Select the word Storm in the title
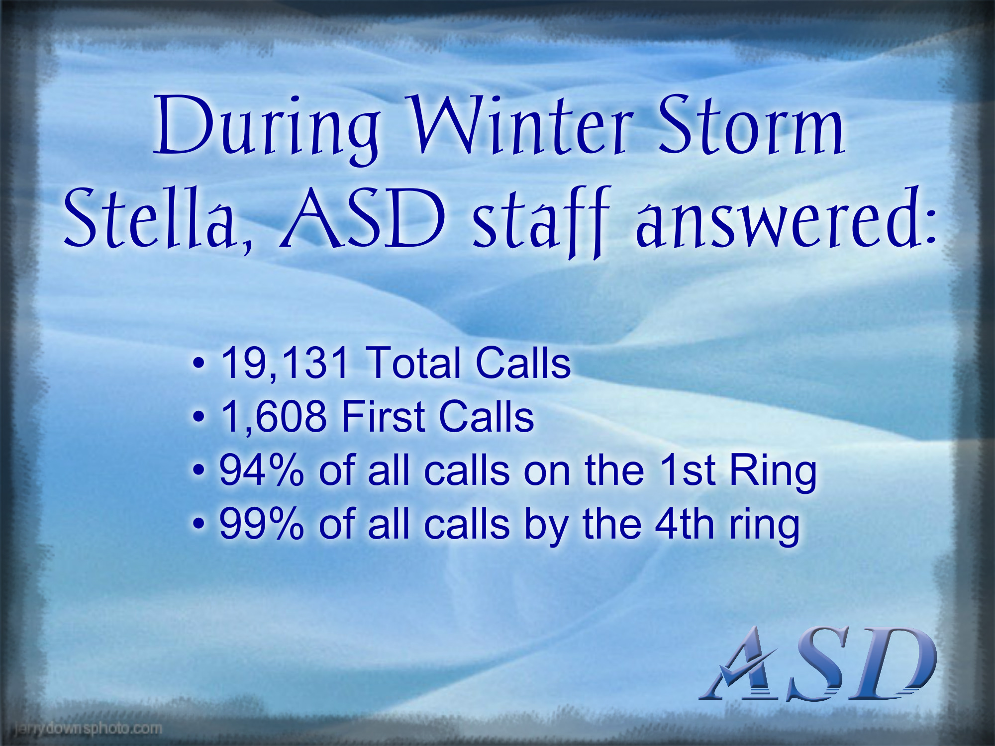[x=752, y=124]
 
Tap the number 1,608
[x=274, y=417]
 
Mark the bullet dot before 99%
[x=199, y=524]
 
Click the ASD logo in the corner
[x=818, y=663]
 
